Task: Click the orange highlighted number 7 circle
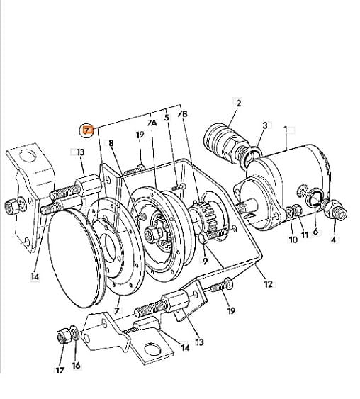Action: pyautogui.click(x=86, y=130)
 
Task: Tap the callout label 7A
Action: pyautogui.click(x=152, y=123)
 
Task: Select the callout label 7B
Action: pyautogui.click(x=182, y=113)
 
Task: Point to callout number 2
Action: pyautogui.click(x=238, y=103)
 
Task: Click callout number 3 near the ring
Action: pyautogui.click(x=265, y=125)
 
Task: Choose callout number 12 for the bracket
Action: pyautogui.click(x=268, y=284)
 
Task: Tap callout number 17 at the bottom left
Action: pyautogui.click(x=60, y=370)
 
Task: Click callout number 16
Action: pyautogui.click(x=76, y=366)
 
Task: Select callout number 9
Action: pyautogui.click(x=205, y=261)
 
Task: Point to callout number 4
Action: pyautogui.click(x=333, y=240)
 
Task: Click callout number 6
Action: pyautogui.click(x=315, y=231)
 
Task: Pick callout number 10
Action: pyautogui.click(x=293, y=240)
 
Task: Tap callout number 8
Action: pyautogui.click(x=111, y=143)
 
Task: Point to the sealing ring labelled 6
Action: pyautogui.click(x=315, y=197)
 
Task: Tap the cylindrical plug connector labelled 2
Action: pyautogui.click(x=224, y=142)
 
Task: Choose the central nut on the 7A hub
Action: pyautogui.click(x=153, y=233)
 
